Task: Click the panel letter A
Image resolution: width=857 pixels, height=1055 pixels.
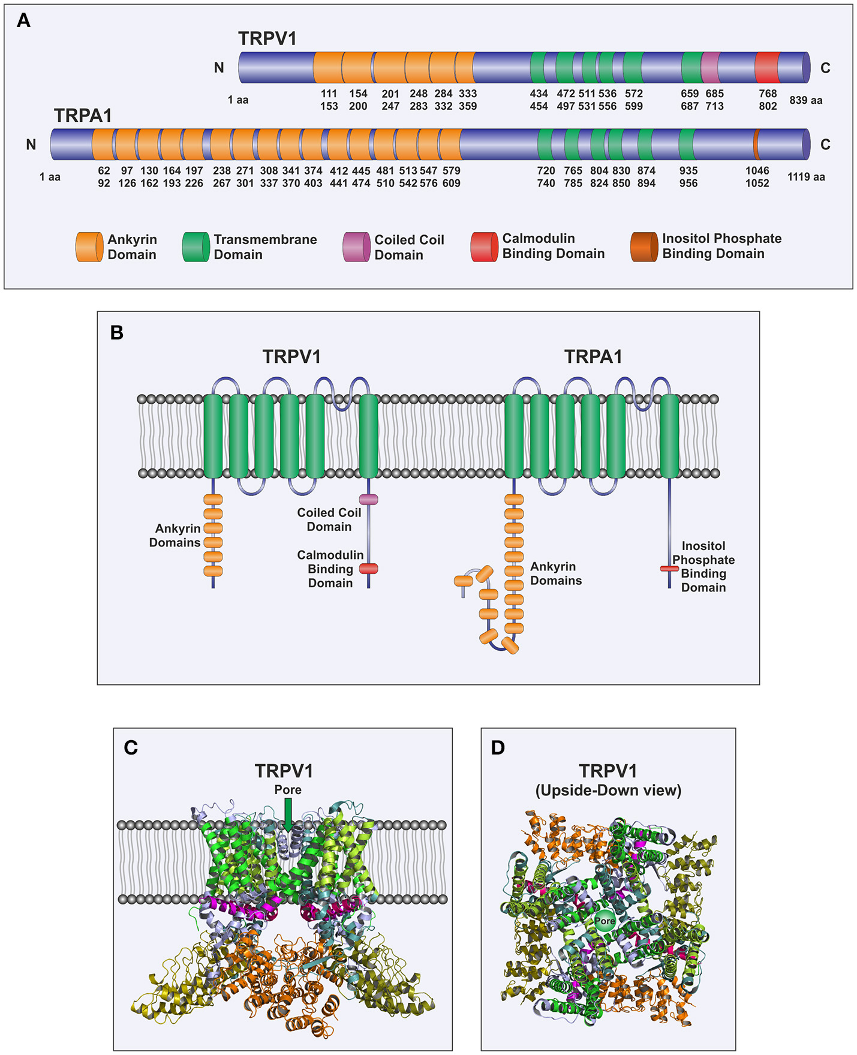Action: coord(23,21)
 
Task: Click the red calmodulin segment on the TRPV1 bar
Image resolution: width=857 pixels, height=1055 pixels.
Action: coord(767,67)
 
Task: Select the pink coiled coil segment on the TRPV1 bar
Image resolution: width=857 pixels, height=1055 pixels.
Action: coord(710,67)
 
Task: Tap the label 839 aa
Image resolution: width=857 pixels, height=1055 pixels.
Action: coord(805,100)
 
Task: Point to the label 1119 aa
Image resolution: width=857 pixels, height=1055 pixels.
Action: coord(805,177)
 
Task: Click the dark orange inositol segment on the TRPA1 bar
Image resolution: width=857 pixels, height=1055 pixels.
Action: coord(756,144)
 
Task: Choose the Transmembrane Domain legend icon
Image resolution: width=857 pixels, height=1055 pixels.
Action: coord(196,247)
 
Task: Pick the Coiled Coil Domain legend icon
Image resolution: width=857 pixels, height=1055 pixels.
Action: coord(356,247)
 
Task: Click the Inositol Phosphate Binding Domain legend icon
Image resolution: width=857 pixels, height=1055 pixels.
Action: coord(643,247)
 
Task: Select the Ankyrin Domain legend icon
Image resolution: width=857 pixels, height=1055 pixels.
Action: coord(89,247)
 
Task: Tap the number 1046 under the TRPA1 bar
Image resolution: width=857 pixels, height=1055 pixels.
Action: coord(757,171)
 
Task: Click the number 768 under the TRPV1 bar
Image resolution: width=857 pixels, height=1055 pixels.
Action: coord(768,94)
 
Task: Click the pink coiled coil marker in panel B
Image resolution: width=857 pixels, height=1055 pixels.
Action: coord(368,499)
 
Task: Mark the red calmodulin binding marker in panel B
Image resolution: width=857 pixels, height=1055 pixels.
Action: coord(368,568)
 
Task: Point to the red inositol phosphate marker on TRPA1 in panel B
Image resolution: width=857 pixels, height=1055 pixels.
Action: coord(669,568)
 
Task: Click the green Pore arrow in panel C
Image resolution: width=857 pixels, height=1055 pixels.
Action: coord(288,817)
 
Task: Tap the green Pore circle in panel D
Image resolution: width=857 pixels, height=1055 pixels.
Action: coord(605,921)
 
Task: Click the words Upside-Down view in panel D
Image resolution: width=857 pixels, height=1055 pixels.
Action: coord(608,791)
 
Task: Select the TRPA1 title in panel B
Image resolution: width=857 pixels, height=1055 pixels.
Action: coord(593,357)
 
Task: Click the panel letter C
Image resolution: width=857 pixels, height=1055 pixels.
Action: coord(131,748)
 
